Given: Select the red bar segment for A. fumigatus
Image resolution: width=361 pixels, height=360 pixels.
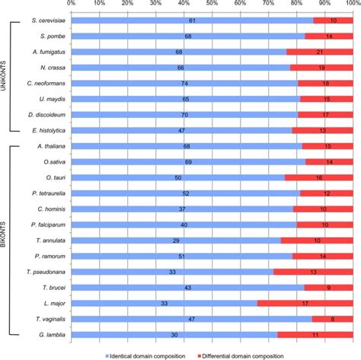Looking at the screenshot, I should [320, 52].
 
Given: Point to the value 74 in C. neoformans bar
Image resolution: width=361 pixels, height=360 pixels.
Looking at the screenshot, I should [184, 83].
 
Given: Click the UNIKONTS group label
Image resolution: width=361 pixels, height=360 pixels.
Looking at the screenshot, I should [6, 75].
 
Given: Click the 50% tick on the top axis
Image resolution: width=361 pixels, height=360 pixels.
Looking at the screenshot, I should [212, 4].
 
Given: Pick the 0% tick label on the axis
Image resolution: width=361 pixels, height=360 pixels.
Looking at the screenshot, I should [71, 4].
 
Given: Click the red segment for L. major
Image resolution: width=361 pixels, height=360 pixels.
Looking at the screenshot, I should [305, 303].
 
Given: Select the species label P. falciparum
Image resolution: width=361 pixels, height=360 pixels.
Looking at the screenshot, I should [45, 225].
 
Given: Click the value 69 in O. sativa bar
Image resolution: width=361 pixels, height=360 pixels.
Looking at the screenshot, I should [188, 161].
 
